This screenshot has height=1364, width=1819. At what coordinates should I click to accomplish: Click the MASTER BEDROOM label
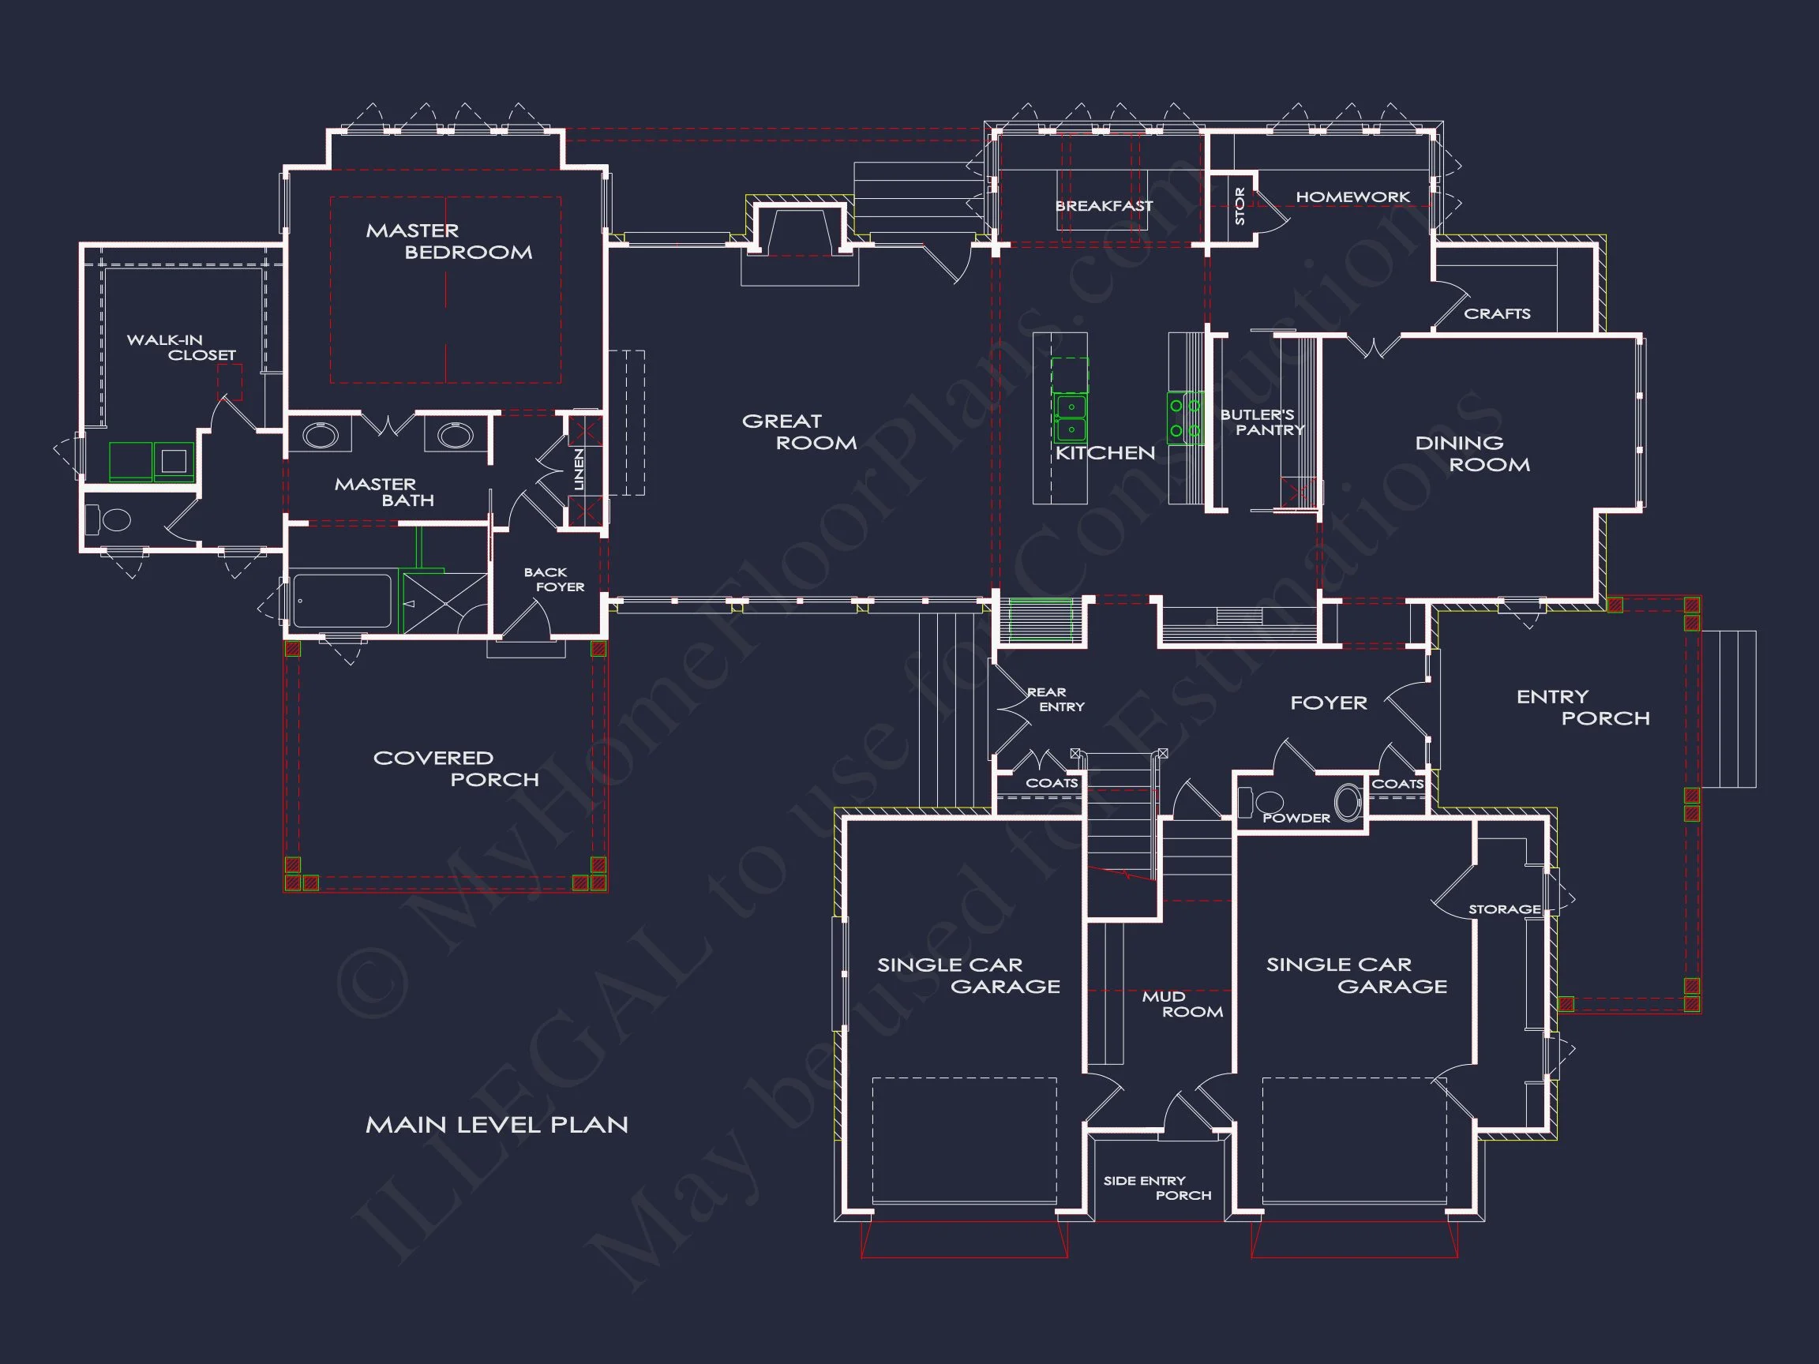pyautogui.click(x=448, y=242)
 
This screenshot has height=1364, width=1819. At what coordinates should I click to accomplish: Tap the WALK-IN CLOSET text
pyautogui.click(x=181, y=348)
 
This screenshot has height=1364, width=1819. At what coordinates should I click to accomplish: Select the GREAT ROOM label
pyautogui.click(x=798, y=433)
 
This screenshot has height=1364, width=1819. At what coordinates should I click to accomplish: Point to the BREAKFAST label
pyautogui.click(x=1104, y=205)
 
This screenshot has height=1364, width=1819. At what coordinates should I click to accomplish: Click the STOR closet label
pyautogui.click(x=1240, y=206)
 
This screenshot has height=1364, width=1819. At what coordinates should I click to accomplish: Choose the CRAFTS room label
pyautogui.click(x=1497, y=314)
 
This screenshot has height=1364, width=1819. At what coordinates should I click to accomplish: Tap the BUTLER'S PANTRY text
pyautogui.click(x=1262, y=422)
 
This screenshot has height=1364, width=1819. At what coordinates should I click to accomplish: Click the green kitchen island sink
pyautogui.click(x=1071, y=418)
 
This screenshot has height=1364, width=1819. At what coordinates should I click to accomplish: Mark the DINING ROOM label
pyautogui.click(x=1472, y=454)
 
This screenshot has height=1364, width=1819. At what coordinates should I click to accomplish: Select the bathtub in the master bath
pyautogui.click(x=342, y=601)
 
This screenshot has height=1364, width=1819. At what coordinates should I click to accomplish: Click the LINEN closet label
pyautogui.click(x=579, y=470)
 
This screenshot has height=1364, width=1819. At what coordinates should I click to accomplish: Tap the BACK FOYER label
pyautogui.click(x=553, y=579)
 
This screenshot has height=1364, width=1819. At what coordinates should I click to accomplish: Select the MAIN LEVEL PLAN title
pyautogui.click(x=496, y=1125)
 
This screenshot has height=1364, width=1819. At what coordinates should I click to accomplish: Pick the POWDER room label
pyautogui.click(x=1296, y=818)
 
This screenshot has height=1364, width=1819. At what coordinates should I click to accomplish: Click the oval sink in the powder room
pyautogui.click(x=1347, y=803)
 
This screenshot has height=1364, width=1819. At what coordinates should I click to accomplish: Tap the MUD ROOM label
pyautogui.click(x=1182, y=1004)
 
